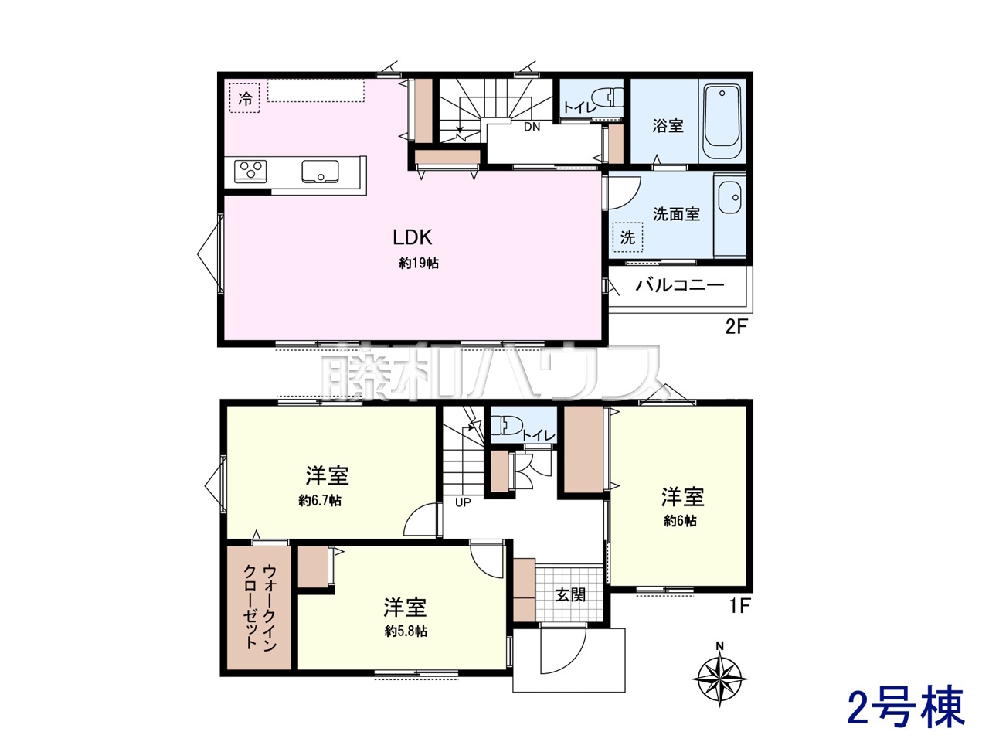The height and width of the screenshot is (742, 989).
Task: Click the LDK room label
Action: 413,237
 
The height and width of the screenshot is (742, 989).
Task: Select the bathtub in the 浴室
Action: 722,121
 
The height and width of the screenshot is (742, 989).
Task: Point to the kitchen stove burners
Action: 250,172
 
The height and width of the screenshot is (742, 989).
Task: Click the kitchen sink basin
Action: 320,172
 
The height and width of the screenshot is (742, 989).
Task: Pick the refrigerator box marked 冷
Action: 245,97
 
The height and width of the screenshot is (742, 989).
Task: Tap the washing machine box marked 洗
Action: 627,237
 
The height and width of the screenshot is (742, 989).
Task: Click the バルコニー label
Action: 679,285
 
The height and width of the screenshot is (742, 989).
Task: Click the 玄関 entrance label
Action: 570,594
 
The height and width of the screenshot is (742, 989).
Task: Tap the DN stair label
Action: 532,127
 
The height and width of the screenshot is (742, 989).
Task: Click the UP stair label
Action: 463,502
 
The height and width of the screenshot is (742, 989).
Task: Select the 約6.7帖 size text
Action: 320,501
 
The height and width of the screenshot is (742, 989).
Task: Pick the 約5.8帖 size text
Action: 406,631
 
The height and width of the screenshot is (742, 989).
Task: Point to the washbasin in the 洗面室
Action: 730,197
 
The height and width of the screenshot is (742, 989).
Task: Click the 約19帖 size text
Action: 419,264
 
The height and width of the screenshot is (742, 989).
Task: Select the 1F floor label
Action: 739,607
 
